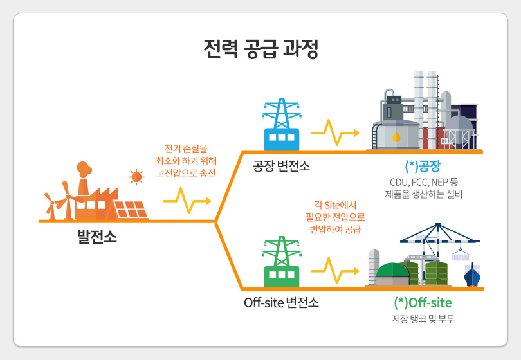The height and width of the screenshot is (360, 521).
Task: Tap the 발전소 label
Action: pos(97,236)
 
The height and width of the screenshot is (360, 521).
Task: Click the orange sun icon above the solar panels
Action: pos(136,177)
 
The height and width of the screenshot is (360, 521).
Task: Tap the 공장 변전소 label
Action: pos(281,167)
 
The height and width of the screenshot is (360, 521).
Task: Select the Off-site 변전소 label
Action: pos(281,302)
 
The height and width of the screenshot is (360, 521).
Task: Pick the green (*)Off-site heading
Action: pos(423,302)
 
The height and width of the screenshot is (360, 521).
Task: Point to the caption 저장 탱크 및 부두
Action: pos(423,318)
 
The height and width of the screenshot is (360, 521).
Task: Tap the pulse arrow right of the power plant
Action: pos(187,201)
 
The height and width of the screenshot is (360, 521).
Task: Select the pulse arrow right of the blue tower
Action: pos(334,132)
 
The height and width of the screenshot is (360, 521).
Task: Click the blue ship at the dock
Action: pos(472,276)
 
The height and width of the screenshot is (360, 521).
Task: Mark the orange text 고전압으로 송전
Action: pos(186,173)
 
